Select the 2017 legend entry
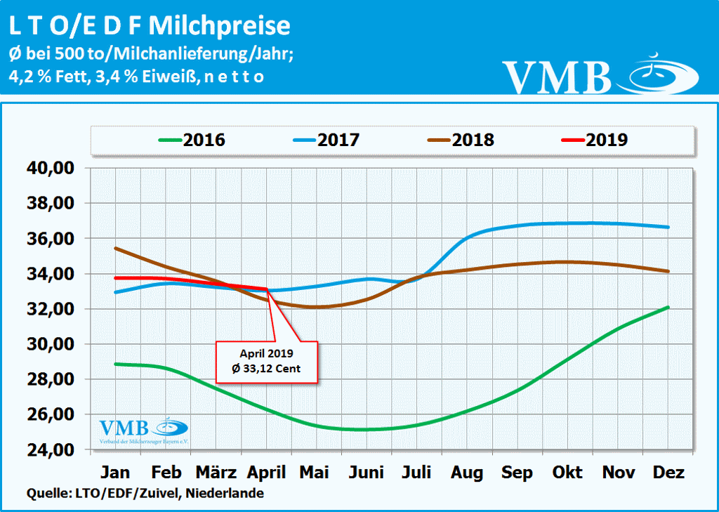coord(318,139)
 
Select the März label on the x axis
coord(216,472)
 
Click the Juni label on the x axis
coord(367,472)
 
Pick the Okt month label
coord(567,472)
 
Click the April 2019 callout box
coord(267,362)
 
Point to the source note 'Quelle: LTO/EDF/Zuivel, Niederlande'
coord(145,494)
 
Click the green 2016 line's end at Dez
coord(667,307)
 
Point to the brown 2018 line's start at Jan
coord(115,248)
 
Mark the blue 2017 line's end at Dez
coord(667,227)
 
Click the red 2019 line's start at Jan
coord(115,278)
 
